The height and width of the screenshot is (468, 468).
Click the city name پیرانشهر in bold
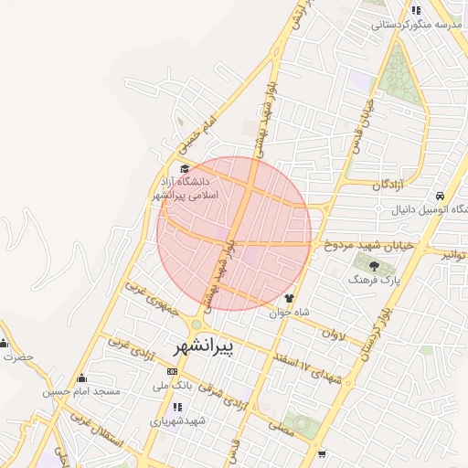tap(203, 346)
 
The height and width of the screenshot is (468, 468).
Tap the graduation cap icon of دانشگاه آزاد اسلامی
tap(186, 168)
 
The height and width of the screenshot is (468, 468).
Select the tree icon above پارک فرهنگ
tap(374, 265)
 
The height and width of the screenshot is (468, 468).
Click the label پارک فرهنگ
tap(372, 282)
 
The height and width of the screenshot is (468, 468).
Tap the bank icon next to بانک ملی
tap(173, 371)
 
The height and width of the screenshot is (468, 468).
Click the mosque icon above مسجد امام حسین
tap(82, 378)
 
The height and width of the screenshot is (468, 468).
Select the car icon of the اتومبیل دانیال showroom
tap(441, 197)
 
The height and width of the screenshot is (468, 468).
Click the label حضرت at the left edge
tap(18, 356)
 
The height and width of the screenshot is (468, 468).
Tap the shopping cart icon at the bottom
tap(322, 453)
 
